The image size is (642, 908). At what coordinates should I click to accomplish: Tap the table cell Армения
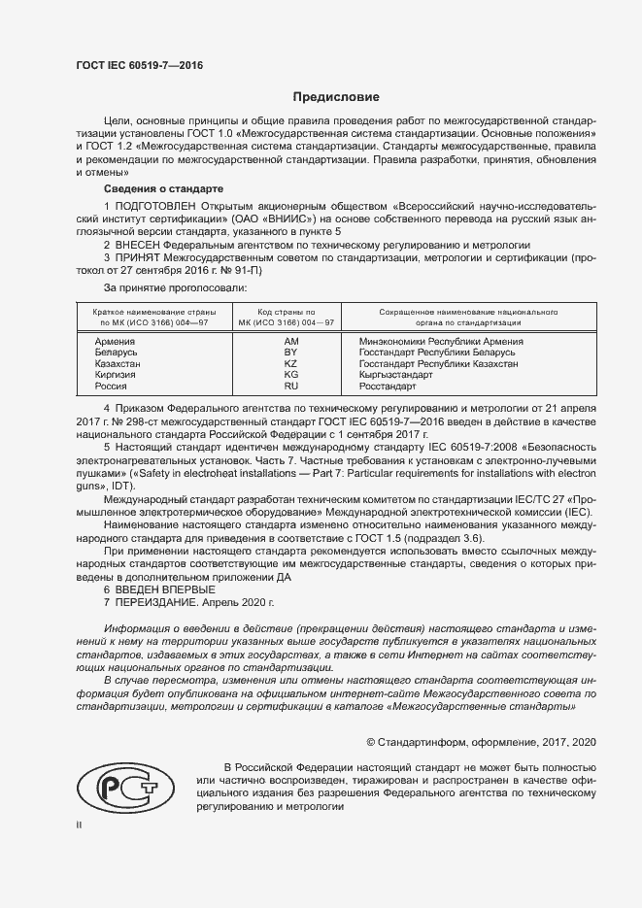coord(116,342)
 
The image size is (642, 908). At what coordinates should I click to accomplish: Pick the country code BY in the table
coord(290,353)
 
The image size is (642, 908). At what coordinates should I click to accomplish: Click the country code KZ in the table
coord(290,363)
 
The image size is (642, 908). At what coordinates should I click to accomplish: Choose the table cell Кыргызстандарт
coord(395,374)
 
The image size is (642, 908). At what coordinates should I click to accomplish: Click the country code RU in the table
coord(290,386)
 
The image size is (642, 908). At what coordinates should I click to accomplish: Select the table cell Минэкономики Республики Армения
coord(441,342)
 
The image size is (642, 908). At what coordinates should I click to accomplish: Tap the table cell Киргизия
coord(116,374)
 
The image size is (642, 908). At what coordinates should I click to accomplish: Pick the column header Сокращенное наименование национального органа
coord(454,318)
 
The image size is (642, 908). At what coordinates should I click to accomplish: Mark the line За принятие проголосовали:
coord(175,287)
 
